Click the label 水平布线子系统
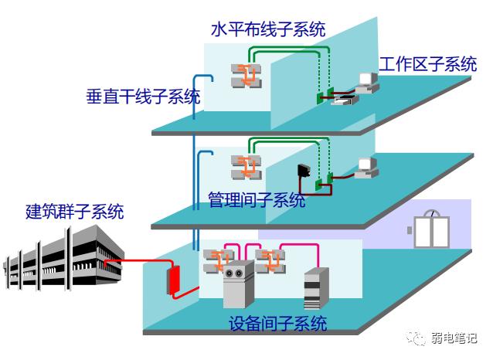point(267,29)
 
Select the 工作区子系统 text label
point(427,64)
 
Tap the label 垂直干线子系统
point(143,97)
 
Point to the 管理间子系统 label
point(257,201)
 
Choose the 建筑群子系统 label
point(74,211)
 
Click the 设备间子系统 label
point(278,323)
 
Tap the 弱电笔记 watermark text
point(454,338)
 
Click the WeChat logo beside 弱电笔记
point(417,338)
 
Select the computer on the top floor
point(365,83)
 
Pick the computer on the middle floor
point(366,166)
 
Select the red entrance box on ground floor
point(174,279)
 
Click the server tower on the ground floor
point(317,287)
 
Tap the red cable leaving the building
point(143,263)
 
